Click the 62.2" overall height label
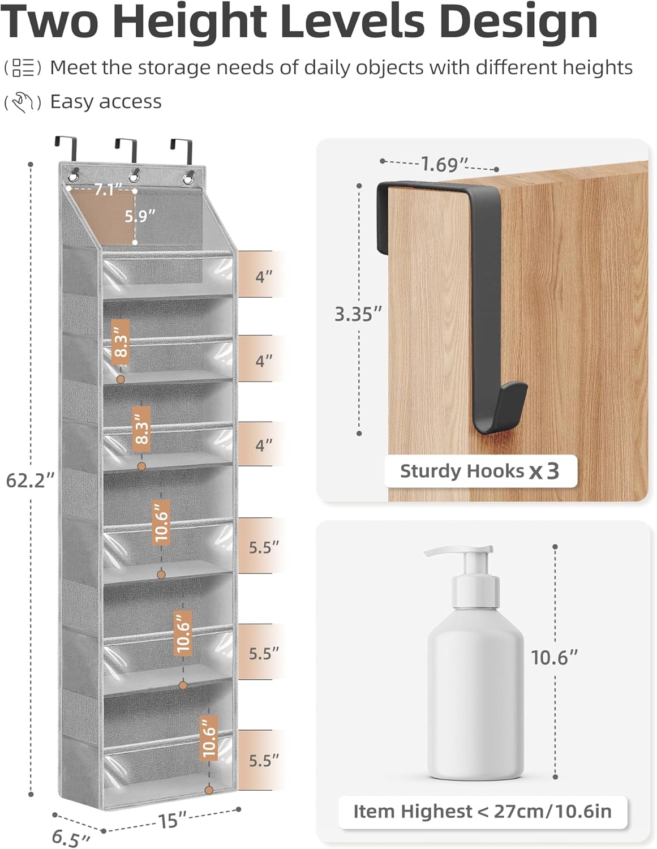point(30,481)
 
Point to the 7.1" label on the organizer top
point(105,190)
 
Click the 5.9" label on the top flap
point(140,216)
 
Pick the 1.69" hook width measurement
point(445,165)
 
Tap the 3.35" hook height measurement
point(358,314)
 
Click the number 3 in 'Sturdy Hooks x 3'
point(553,471)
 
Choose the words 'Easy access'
point(106,102)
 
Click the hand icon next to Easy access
point(23,102)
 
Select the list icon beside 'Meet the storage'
point(23,68)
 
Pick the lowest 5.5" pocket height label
point(264,760)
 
